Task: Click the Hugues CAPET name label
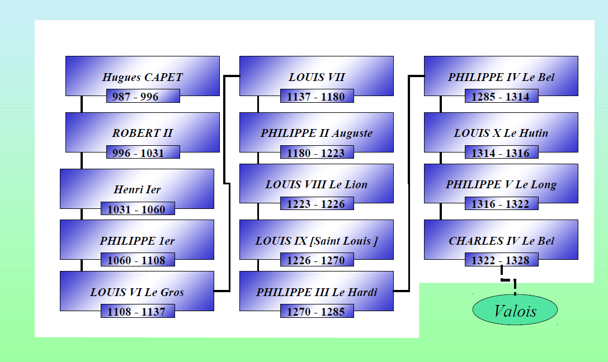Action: [142, 77]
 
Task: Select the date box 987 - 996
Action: [143, 97]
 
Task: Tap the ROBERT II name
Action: [142, 134]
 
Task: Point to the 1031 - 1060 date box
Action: [138, 209]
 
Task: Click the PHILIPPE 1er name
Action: [137, 241]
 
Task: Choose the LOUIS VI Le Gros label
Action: [137, 292]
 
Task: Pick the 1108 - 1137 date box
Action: [138, 311]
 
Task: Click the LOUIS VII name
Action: [317, 77]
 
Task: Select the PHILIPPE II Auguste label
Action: [317, 134]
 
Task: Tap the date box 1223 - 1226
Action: [317, 204]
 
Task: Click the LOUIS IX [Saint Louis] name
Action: [317, 241]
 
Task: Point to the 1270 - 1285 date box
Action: [317, 311]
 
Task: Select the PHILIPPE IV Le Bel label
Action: [501, 77]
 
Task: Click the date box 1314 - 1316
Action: [501, 153]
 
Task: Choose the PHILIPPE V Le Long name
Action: [501, 184]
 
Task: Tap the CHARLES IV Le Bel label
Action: [501, 241]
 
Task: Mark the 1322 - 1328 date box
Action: [501, 260]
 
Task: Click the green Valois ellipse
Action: [515, 311]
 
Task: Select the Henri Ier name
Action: [137, 189]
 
